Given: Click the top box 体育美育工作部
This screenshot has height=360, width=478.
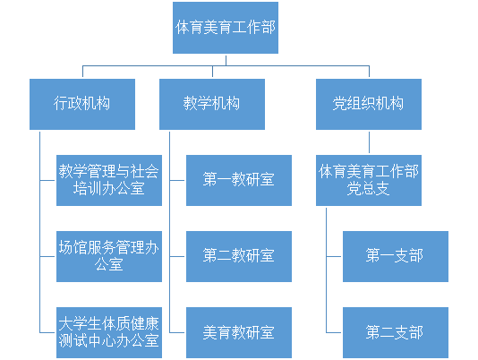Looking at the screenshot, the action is tap(226, 28).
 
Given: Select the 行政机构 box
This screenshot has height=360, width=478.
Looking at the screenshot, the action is tap(82, 105).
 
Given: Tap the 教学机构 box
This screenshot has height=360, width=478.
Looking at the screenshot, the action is tap(212, 105).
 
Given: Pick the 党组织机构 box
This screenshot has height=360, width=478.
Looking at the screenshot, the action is tap(369, 105).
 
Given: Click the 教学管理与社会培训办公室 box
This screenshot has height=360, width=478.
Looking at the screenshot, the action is tap(109, 180).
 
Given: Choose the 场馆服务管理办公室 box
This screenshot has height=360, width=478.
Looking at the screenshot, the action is tap(109, 256).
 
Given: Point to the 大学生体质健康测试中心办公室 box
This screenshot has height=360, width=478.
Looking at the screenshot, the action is tap(109, 332).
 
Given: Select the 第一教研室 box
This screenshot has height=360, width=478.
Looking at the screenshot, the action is tap(239, 180).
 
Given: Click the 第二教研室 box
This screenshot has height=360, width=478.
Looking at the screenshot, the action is tap(239, 256).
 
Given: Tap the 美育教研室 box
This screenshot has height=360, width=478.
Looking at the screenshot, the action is tap(239, 332).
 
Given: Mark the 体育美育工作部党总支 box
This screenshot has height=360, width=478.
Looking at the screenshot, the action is tap(369, 180).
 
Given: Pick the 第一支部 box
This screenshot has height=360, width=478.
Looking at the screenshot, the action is tap(396, 256).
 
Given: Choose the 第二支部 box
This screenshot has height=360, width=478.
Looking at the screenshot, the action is tap(396, 332).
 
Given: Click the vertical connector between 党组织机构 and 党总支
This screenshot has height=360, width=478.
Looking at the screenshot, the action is tap(369, 142).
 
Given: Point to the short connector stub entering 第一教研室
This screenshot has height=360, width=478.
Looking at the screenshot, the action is tap(177, 180).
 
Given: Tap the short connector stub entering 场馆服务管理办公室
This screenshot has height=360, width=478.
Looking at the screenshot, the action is tap(47, 256).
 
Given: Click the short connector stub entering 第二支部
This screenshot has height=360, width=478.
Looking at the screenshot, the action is tap(334, 332).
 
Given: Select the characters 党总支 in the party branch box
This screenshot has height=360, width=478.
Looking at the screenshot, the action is tap(369, 189).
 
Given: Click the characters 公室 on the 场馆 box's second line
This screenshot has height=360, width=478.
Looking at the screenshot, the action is tap(109, 264).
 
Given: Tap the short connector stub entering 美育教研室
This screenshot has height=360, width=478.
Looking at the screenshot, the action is tap(177, 332).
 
